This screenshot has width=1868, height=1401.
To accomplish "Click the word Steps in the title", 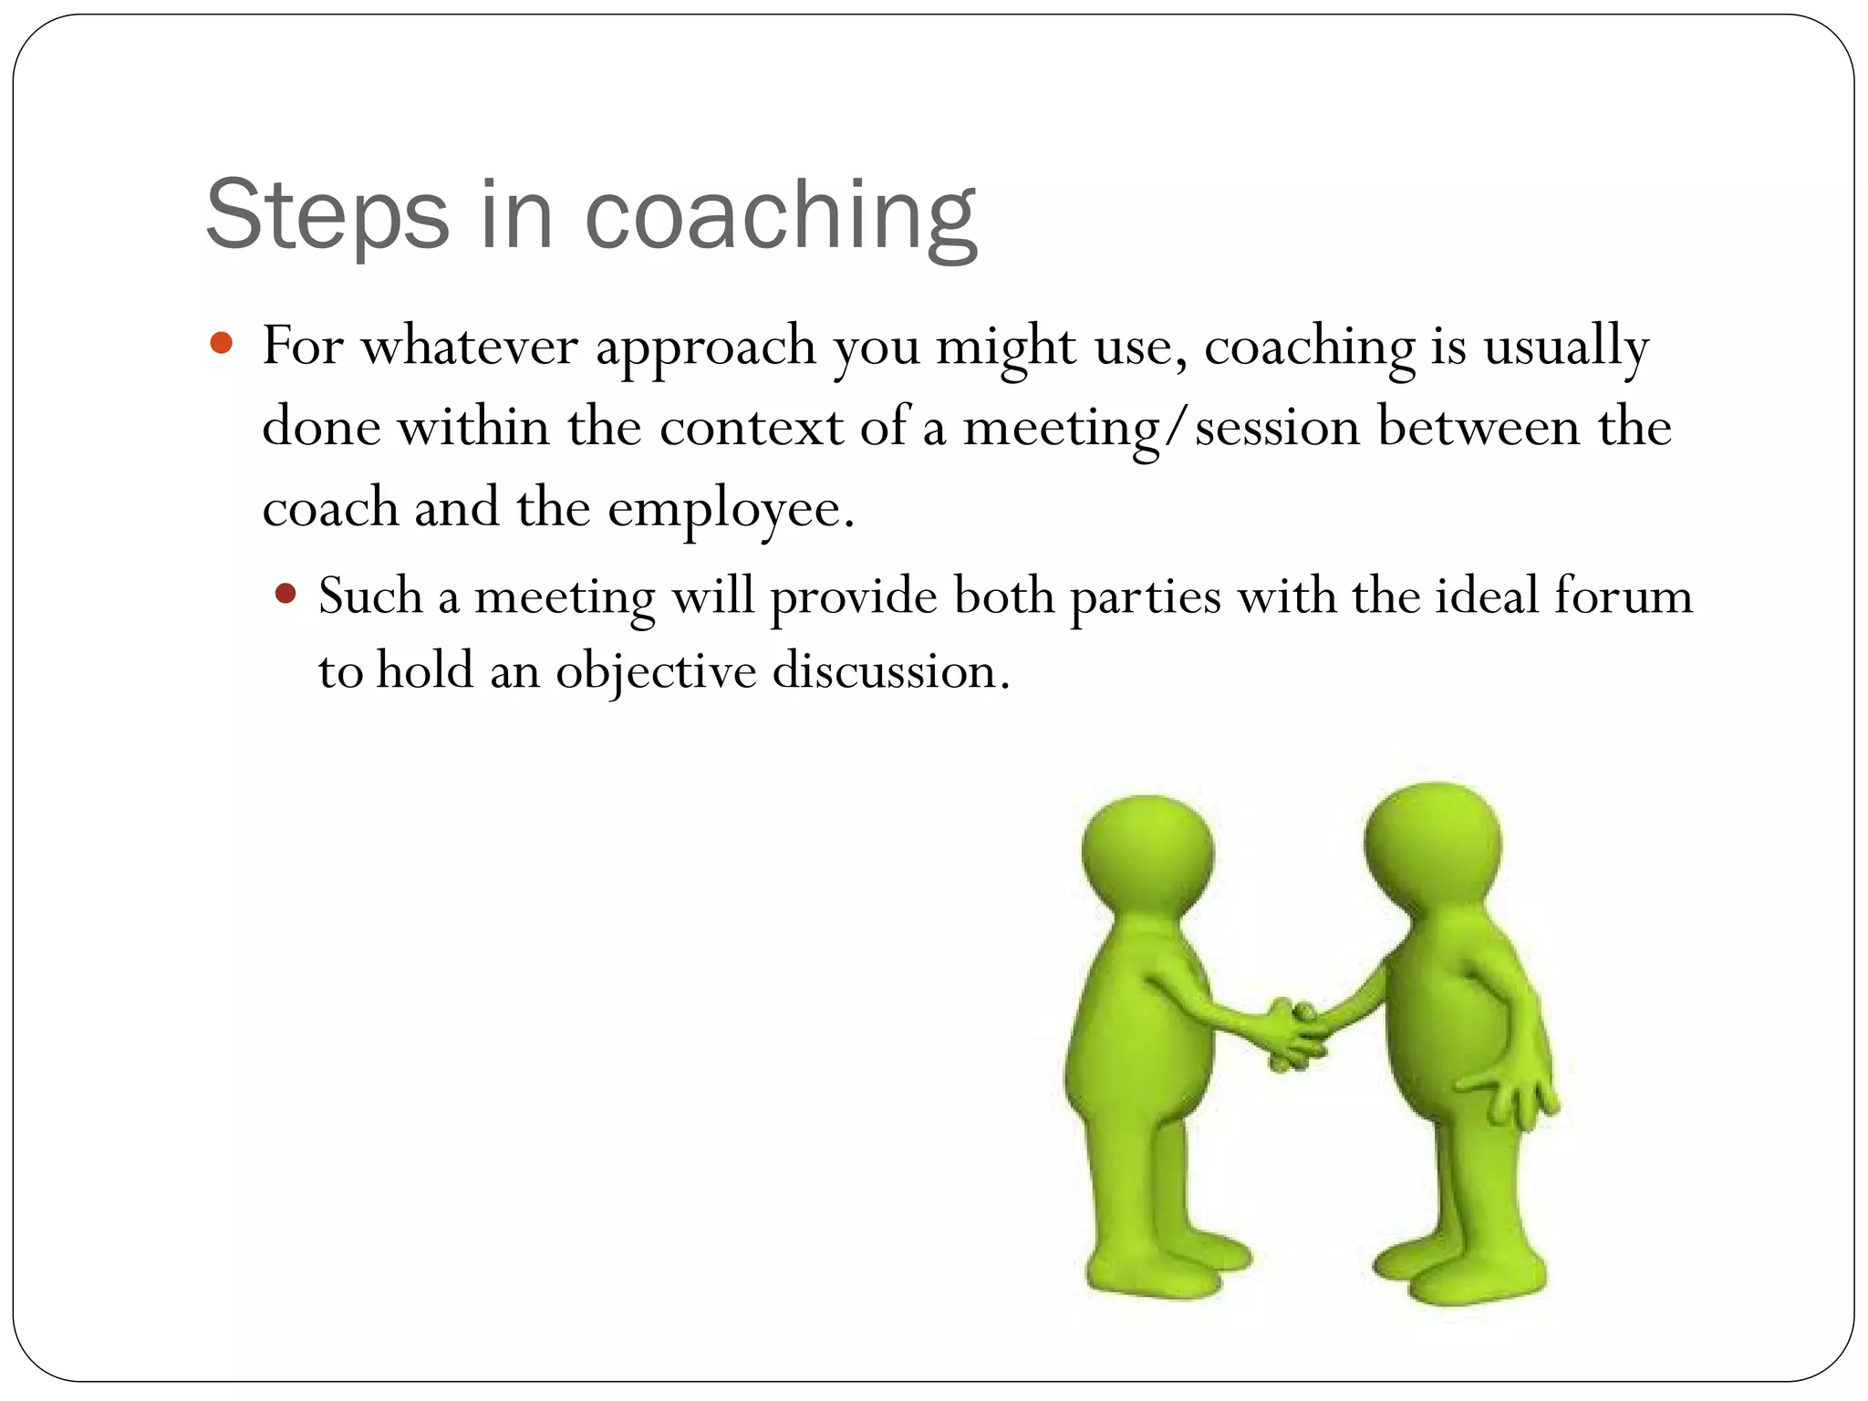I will pyautogui.click(x=327, y=215).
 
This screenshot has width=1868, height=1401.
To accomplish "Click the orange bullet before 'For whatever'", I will pyautogui.click(x=221, y=344).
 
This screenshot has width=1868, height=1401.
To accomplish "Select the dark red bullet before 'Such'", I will pyautogui.click(x=285, y=595).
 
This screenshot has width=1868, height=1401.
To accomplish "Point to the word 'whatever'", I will pyautogui.click(x=470, y=347).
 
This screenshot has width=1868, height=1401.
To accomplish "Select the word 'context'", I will pyautogui.click(x=752, y=427).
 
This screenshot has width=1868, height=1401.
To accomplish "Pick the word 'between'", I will pyautogui.click(x=1479, y=427).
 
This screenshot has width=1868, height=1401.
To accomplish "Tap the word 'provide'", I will pyautogui.click(x=853, y=598).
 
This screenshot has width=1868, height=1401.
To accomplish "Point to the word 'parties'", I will pyautogui.click(x=1145, y=598).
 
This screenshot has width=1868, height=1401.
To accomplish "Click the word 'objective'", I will pyautogui.click(x=656, y=673).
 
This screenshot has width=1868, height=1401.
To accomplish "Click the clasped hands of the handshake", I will pyautogui.click(x=1294, y=1035).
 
